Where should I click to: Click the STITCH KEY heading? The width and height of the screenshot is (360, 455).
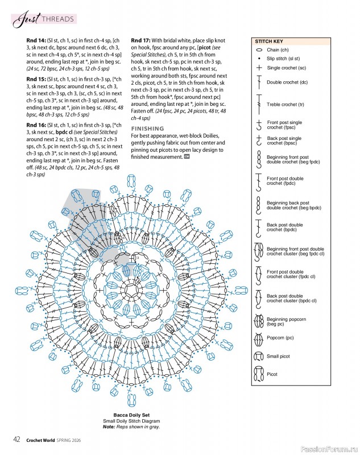[x=269, y=42]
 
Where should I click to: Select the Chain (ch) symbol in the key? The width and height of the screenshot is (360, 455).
[x=259, y=50]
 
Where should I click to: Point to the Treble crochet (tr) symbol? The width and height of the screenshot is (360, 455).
[x=259, y=105]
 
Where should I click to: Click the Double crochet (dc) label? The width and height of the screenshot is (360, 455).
[x=287, y=82]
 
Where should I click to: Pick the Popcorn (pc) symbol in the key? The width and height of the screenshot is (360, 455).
[x=259, y=338]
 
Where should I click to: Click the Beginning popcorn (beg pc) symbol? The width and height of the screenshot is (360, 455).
[x=259, y=322]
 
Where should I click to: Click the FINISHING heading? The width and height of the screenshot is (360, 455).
[x=147, y=129]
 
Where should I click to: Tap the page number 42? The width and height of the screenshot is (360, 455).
[x=17, y=439]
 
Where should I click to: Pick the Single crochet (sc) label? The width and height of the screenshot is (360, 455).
[x=287, y=68]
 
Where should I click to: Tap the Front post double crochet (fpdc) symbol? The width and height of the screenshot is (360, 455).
[x=259, y=182]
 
